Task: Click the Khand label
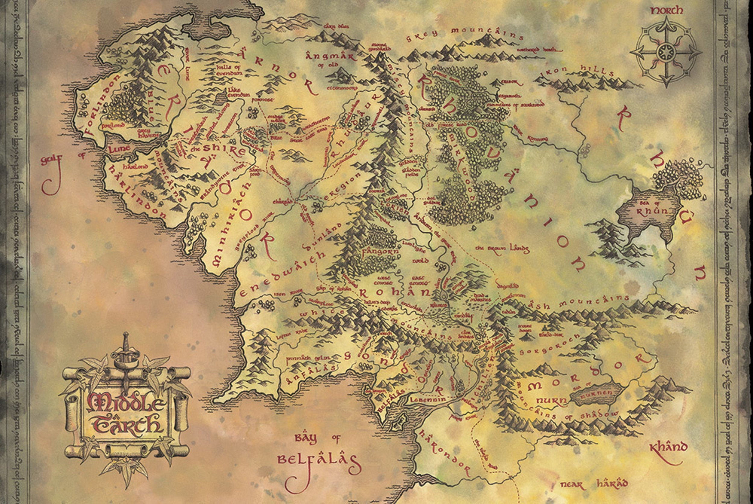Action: [x=668, y=447]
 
